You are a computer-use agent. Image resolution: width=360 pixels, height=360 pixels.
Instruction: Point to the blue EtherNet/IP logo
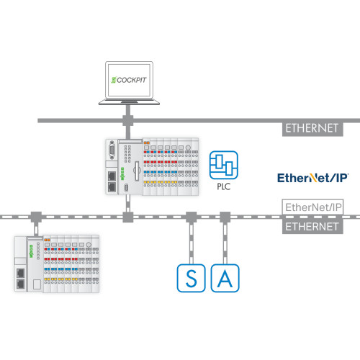(313, 176)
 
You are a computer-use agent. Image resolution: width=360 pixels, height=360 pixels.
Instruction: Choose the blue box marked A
(225, 279)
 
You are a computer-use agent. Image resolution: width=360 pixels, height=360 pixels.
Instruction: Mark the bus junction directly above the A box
(225, 215)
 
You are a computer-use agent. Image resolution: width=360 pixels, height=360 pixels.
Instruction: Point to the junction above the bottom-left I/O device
(34, 215)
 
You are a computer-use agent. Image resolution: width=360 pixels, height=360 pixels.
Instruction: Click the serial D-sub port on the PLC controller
(112, 153)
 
